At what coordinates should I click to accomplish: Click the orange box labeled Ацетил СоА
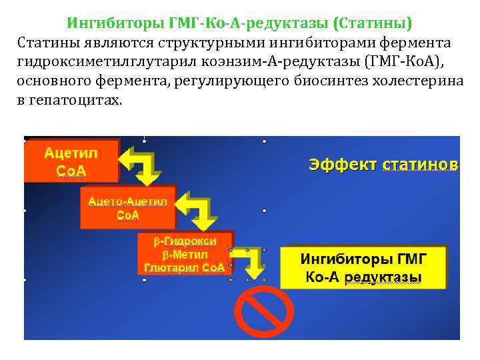[71, 161]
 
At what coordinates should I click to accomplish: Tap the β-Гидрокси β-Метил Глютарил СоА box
[185, 254]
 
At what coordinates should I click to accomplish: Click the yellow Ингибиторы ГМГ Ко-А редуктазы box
[363, 267]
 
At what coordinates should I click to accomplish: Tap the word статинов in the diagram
[420, 164]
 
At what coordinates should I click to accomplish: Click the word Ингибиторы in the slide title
[113, 24]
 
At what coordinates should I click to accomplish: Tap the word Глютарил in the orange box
[171, 267]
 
